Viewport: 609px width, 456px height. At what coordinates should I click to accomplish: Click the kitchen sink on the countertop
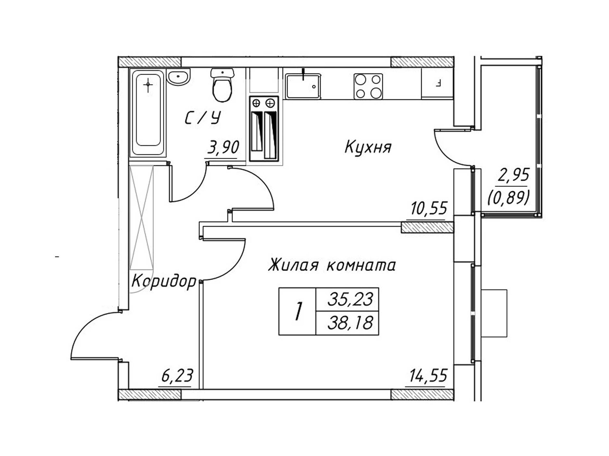point(303,86)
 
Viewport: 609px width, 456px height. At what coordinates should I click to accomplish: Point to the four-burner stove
point(368,87)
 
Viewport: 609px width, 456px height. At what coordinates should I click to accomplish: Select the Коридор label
point(164,282)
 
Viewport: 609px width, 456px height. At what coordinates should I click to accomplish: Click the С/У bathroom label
point(203,118)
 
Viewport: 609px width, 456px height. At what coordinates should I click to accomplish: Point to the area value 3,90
point(223,148)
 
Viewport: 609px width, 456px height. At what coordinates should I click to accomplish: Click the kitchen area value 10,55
point(429,208)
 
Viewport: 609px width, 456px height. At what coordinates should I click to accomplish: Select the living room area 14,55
point(429,375)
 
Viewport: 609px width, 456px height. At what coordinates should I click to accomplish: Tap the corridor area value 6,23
point(177,375)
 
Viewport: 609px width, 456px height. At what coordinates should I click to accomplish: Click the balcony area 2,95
point(513,175)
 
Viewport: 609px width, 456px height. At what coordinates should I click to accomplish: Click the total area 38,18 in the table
point(350,323)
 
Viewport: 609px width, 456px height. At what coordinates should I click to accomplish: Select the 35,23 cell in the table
point(350,299)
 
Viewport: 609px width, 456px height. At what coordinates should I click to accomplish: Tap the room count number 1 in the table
point(298,311)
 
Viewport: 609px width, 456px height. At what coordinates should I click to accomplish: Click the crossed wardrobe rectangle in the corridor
point(141,217)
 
